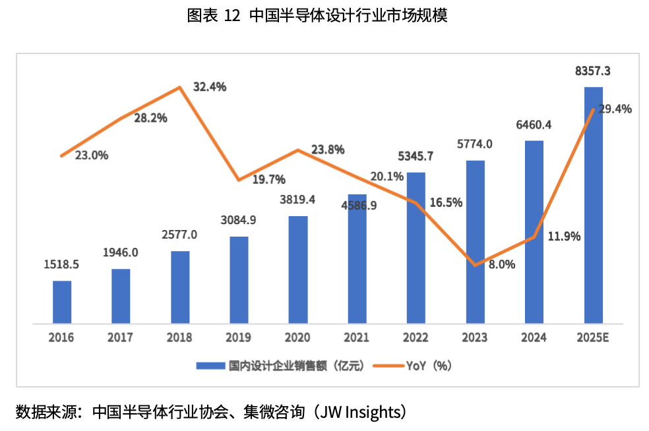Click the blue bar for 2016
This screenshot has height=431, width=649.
click(62, 302)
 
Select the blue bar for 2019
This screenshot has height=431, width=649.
click(239, 280)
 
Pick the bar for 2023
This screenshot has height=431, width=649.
click(475, 242)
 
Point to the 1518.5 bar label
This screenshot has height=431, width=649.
click(61, 264)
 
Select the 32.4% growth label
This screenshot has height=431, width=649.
click(210, 86)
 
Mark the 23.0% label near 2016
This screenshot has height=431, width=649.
click(92, 156)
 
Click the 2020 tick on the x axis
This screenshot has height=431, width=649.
click(298, 338)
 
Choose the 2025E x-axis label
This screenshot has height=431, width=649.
click(593, 338)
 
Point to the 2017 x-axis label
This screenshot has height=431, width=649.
click(121, 338)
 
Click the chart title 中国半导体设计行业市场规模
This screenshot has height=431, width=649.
click(348, 16)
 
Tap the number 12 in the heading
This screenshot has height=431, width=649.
click(232, 16)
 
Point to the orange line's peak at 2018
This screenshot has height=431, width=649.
click(180, 88)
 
